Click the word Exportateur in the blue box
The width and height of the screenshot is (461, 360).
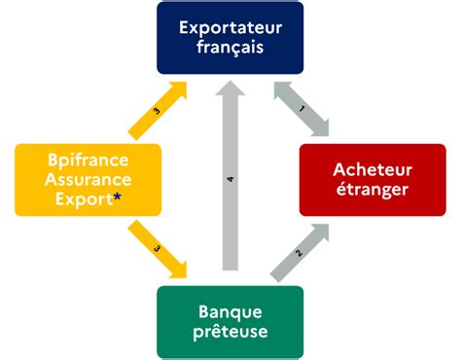(x=230, y=26)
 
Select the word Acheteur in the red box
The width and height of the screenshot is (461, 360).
(x=372, y=168)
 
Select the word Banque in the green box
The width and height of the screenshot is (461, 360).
(x=230, y=312)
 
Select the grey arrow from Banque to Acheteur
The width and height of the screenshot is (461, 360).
(x=301, y=252)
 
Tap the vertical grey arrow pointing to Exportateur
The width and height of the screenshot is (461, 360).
(x=230, y=180)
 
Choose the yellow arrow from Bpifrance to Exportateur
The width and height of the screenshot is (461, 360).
(x=158, y=110)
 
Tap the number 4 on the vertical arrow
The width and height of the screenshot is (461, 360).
(x=230, y=180)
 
